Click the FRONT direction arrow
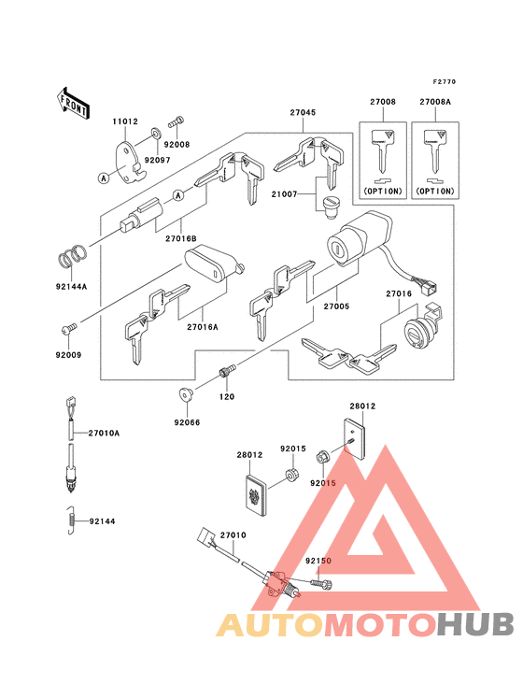(x=73, y=103)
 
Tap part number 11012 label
(x=125, y=121)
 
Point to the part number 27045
(x=303, y=112)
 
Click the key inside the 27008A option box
(x=435, y=151)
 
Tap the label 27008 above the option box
(x=383, y=102)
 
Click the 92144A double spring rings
(x=72, y=257)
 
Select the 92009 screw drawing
(x=69, y=329)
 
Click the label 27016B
(x=181, y=238)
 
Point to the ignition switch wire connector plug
(x=430, y=287)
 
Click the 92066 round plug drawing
(x=186, y=395)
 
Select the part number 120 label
(x=227, y=397)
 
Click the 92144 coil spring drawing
(x=70, y=520)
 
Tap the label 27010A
(x=104, y=434)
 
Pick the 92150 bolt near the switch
(x=321, y=583)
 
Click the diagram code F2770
(x=445, y=81)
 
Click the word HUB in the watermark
(x=476, y=624)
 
